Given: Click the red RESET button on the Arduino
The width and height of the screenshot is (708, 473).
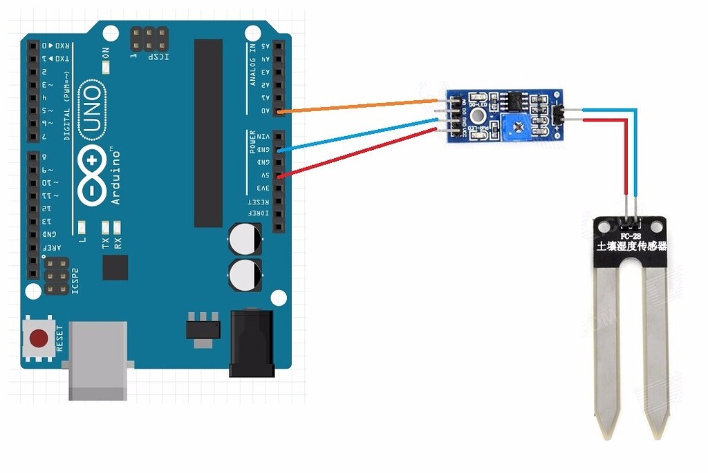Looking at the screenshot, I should click(x=39, y=338).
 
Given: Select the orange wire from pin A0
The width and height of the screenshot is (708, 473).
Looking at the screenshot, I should click(x=360, y=105).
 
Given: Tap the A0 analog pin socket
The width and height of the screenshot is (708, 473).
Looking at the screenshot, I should click(x=279, y=110).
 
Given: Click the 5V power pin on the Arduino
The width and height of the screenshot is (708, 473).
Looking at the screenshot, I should click(x=279, y=175).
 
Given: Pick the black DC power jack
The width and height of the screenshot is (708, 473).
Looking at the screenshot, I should click(x=252, y=343).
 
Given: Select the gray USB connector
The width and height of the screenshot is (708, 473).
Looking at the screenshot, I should click(x=98, y=359).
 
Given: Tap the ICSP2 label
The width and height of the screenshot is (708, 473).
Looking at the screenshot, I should click(x=76, y=279).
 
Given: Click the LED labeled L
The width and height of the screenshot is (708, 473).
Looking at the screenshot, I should click(x=82, y=227).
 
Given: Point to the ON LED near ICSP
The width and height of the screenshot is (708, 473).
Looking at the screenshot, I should click(x=106, y=68).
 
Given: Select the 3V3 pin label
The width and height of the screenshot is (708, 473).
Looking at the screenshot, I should click(x=263, y=189).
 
